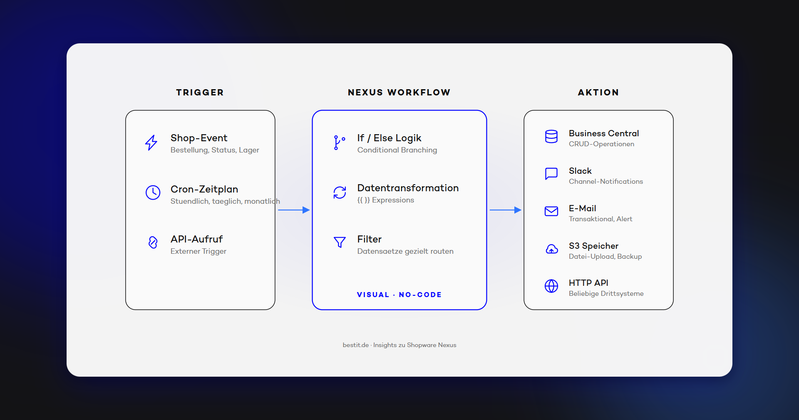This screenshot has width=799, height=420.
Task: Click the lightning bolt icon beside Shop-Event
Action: (x=151, y=142)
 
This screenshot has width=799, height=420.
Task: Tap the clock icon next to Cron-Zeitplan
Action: (x=153, y=192)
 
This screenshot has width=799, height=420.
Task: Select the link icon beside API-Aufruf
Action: (x=153, y=242)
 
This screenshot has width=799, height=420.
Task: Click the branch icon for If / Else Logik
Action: (x=339, y=142)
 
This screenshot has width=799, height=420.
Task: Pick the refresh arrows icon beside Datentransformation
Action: (x=340, y=192)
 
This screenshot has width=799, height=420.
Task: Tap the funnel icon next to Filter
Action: (x=340, y=242)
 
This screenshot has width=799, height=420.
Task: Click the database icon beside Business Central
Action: (x=551, y=137)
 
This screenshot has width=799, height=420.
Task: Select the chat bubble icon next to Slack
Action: (x=551, y=173)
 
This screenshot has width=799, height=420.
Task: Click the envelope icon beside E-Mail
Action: (x=551, y=211)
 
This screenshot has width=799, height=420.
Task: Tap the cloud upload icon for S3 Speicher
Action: (x=551, y=249)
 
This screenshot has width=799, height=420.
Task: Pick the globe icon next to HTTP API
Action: (x=551, y=286)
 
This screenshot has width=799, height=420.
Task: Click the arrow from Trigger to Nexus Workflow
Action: (x=294, y=210)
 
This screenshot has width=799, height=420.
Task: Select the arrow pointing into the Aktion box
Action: (x=505, y=210)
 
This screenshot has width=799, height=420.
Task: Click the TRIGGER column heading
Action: (x=200, y=92)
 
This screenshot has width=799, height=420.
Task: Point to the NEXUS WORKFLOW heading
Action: (x=399, y=92)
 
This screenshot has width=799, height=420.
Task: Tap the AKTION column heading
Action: (x=598, y=92)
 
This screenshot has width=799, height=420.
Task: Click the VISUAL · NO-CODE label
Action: (x=399, y=295)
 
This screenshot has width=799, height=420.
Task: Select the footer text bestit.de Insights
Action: (x=399, y=345)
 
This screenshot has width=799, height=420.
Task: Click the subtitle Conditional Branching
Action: (x=397, y=150)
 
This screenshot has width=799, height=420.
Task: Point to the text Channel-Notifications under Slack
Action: (x=605, y=182)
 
